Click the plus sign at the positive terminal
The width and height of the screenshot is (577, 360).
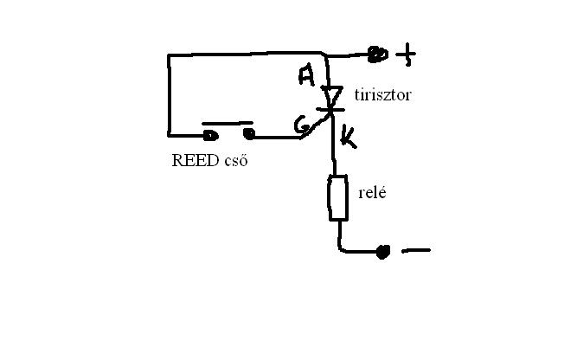(406, 56)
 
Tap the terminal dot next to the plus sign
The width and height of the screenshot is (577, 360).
(377, 55)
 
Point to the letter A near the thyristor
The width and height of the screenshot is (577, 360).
(306, 75)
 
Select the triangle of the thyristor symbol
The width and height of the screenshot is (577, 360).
(332, 94)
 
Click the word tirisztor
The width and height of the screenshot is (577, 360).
(381, 94)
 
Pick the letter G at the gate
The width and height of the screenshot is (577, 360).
(302, 127)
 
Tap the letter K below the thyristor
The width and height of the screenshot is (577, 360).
(348, 135)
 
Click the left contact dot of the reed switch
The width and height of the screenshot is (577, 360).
(209, 134)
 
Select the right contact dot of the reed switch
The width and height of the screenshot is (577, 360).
(249, 133)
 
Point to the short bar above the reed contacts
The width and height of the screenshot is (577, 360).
(228, 123)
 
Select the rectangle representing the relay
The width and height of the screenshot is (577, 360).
(337, 198)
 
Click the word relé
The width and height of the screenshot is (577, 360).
(371, 191)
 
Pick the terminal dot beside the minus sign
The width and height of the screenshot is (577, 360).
(383, 252)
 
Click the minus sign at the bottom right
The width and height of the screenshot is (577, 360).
(416, 251)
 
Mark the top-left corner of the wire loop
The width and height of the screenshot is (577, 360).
(170, 56)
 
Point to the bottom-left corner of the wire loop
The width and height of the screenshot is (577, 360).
(170, 134)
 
